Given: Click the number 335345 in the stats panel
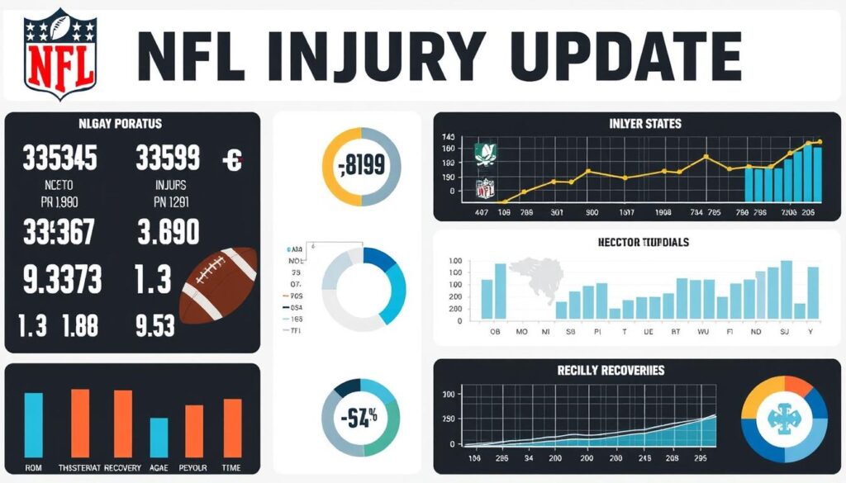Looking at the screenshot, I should coord(59,159).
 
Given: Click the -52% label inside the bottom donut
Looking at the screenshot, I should coord(361,416).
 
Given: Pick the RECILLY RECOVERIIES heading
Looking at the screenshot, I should coord(611,371).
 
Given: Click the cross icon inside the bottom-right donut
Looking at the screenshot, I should coord(785,421).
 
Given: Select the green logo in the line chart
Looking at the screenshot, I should coord(486,153).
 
